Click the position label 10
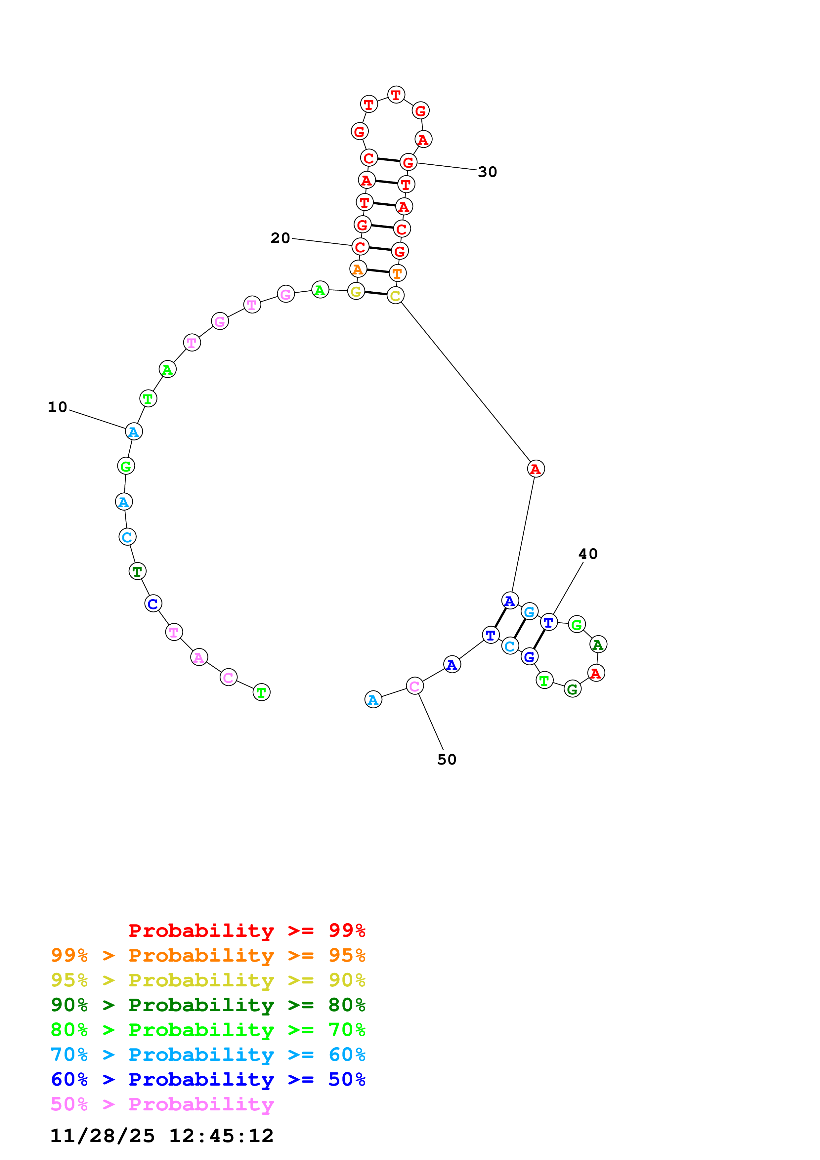click(x=58, y=407)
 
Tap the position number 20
click(x=281, y=238)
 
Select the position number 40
click(x=588, y=554)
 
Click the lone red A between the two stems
click(x=536, y=469)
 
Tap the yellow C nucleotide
click(x=395, y=296)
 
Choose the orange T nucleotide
click(x=398, y=273)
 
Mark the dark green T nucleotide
click(x=137, y=571)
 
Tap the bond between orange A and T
click(x=378, y=271)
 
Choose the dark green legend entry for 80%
click(x=208, y=1005)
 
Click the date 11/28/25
click(x=102, y=1136)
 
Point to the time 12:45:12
click(x=221, y=1136)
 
